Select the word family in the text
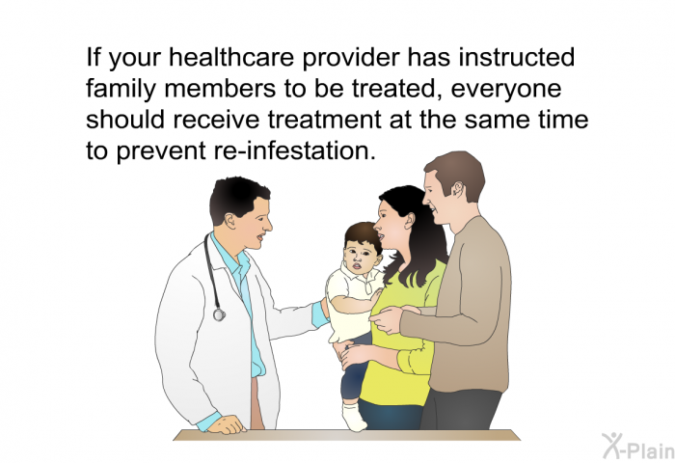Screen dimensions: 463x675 pyautogui.click(x=121, y=90)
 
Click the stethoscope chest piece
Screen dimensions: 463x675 pyautogui.click(x=219, y=313)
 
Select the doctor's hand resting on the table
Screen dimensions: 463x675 pyautogui.click(x=224, y=424)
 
